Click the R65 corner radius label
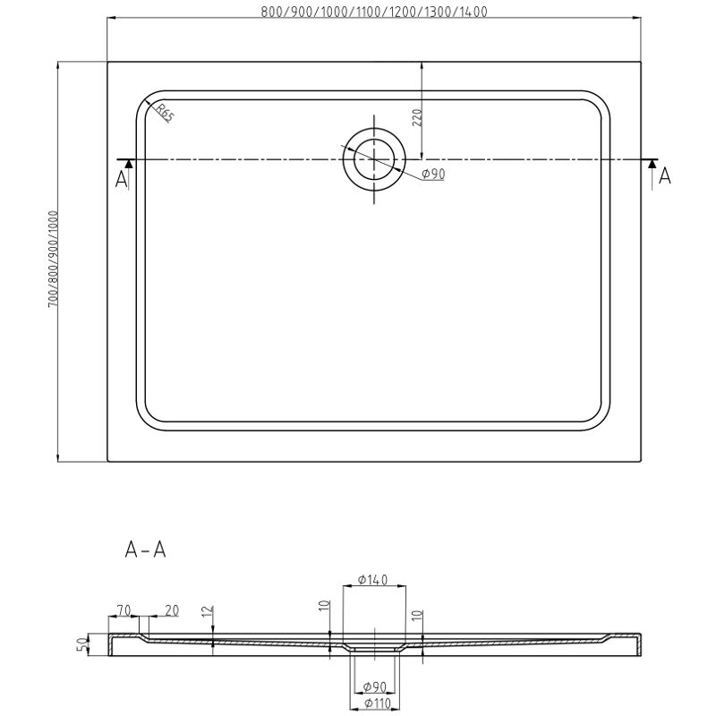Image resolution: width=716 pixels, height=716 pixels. [164, 113]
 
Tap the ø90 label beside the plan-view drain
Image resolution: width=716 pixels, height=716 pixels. [433, 175]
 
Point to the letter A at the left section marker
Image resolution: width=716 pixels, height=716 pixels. [122, 179]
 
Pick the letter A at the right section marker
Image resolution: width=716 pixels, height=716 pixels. [664, 177]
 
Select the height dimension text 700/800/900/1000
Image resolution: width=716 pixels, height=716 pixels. [54, 260]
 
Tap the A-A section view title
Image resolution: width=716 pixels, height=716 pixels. [145, 550]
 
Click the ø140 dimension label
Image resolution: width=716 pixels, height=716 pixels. [371, 580]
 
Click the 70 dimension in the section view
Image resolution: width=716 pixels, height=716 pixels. [124, 610]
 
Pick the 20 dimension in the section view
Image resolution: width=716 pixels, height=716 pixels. [171, 610]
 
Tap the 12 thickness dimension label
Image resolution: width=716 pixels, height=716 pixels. [207, 612]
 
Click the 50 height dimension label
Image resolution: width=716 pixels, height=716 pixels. [81, 644]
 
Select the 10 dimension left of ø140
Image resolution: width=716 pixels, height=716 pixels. [324, 606]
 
